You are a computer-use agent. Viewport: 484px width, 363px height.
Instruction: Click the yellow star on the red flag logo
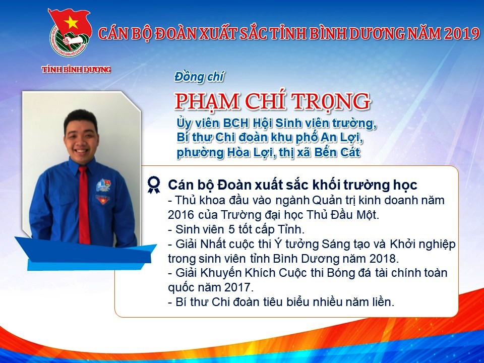coord(71,23)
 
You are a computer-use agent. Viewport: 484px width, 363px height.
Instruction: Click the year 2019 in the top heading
coord(461,34)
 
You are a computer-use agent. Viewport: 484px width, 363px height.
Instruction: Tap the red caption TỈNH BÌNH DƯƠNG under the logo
coord(76,70)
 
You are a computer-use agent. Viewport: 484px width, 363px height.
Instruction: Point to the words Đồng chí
coord(199,77)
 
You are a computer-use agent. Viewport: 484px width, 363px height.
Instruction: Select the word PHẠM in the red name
coord(207,101)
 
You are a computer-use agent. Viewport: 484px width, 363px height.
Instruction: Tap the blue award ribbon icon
coord(154,185)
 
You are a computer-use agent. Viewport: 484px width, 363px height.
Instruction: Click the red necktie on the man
coord(84,205)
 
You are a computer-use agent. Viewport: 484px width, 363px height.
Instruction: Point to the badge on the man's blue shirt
coord(103,185)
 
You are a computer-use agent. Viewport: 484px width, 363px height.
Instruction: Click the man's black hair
coord(81,119)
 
